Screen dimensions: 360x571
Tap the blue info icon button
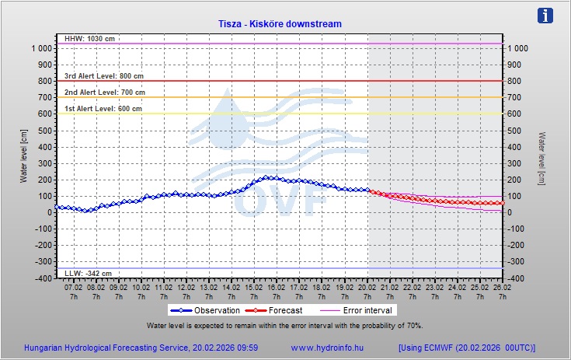[x=546, y=16]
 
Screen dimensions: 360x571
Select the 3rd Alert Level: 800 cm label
[x=103, y=76]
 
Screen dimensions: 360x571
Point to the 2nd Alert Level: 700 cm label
[x=104, y=93]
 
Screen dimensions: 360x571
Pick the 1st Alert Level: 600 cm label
[x=103, y=109]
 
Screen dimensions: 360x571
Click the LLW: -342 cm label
[x=87, y=274]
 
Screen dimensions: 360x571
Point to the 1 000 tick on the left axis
[x=41, y=49]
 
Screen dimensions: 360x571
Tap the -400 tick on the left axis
[x=44, y=278]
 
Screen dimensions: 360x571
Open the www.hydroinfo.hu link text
[x=328, y=348]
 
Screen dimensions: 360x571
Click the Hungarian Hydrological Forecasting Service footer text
[x=141, y=348]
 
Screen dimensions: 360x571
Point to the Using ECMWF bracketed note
[x=466, y=348]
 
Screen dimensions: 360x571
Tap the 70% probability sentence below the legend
[x=284, y=325]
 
